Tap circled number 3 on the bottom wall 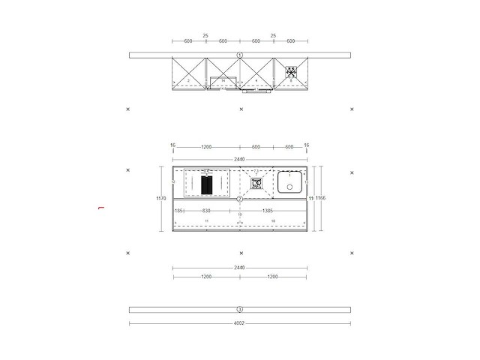pyautogui.click(x=240, y=309)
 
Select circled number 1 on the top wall pyautogui.click(x=240, y=55)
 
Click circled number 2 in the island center pyautogui.click(x=240, y=199)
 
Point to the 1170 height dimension pyautogui.click(x=160, y=199)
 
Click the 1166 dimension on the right pyautogui.click(x=321, y=198)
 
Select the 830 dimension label pyautogui.click(x=206, y=211)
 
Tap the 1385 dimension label pyautogui.click(x=267, y=211)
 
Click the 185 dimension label pyautogui.click(x=178, y=211)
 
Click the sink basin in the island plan pyautogui.click(x=289, y=182)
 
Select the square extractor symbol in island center pyautogui.click(x=256, y=181)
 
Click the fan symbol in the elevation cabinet pyautogui.click(x=290, y=72)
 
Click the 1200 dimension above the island pyautogui.click(x=205, y=147)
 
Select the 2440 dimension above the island pyautogui.click(x=240, y=159)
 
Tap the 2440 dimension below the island pyautogui.click(x=240, y=267)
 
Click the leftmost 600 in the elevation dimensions pyautogui.click(x=188, y=41)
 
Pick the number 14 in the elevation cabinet pyautogui.click(x=223, y=79)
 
